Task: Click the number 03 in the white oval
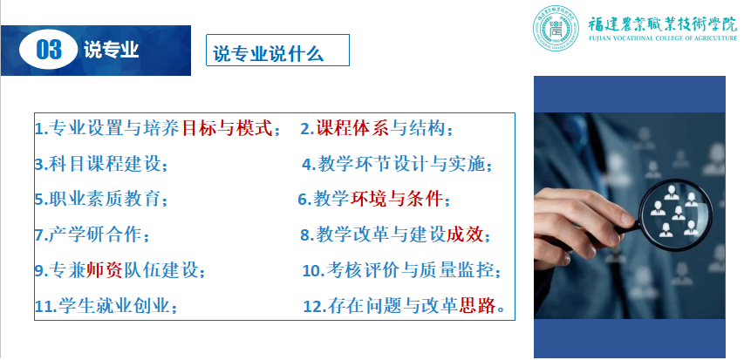tap(49, 50)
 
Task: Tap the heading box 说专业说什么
tap(277, 50)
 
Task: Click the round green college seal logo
tap(556, 28)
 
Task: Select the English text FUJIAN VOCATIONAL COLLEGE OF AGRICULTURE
tap(663, 38)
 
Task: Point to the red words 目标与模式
tap(228, 128)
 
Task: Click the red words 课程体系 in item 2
tap(352, 128)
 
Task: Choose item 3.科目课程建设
tap(100, 165)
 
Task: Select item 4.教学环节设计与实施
tap(397, 165)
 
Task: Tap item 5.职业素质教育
tap(100, 200)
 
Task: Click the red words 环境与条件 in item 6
tap(397, 200)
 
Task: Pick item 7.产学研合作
tap(92, 234)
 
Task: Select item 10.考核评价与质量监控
tap(402, 270)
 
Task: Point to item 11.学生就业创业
tap(106, 306)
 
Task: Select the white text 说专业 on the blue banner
tap(112, 50)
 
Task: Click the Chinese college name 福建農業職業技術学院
tap(663, 23)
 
